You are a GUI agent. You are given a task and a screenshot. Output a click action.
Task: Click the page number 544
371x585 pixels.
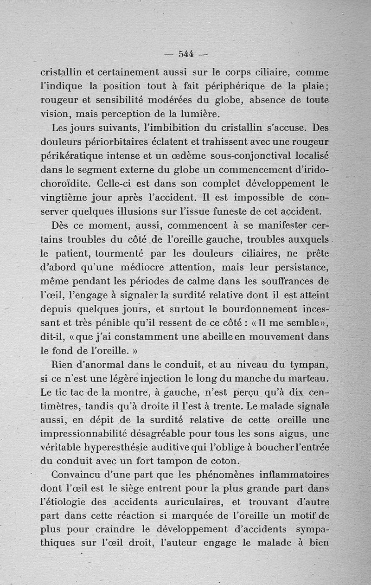pyautogui.click(x=185, y=54)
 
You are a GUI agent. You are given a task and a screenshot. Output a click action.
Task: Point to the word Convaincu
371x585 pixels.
pyautogui.click(x=80, y=476)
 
